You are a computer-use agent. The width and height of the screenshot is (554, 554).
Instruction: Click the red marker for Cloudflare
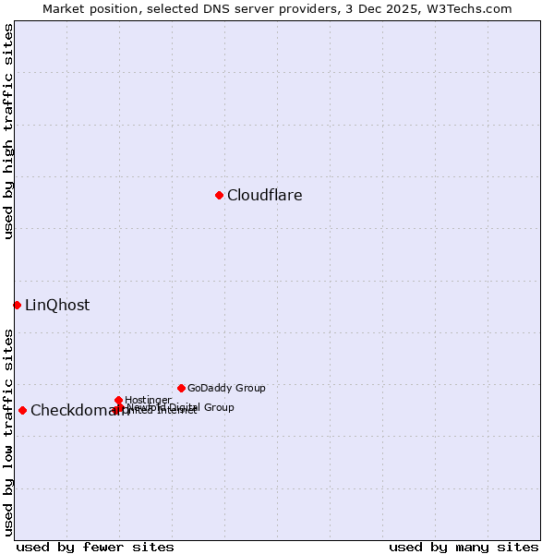coord(219,195)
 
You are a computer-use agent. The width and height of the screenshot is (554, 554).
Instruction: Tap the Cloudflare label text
coord(265,195)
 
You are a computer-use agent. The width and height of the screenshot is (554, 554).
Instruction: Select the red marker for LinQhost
coord(17,305)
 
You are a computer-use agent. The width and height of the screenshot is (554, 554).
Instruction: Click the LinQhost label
coord(57,305)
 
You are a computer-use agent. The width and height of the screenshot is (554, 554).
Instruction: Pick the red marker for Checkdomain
coord(22,410)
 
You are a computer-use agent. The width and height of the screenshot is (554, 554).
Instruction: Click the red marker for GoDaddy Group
coord(181,388)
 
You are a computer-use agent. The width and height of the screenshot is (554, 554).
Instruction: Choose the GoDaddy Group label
coord(226,388)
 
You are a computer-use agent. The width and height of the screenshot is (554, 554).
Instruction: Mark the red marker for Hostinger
coord(119,400)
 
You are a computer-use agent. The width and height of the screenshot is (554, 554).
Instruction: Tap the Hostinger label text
coord(148,400)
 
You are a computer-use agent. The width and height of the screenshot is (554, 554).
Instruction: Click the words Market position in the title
coord(86,8)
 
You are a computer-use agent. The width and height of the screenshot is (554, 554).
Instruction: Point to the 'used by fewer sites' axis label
coord(95,547)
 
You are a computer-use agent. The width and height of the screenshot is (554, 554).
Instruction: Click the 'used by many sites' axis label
coord(464,547)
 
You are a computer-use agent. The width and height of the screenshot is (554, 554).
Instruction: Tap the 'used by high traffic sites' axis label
coord(8,131)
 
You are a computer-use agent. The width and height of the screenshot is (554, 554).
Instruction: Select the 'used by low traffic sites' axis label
coord(8,431)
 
